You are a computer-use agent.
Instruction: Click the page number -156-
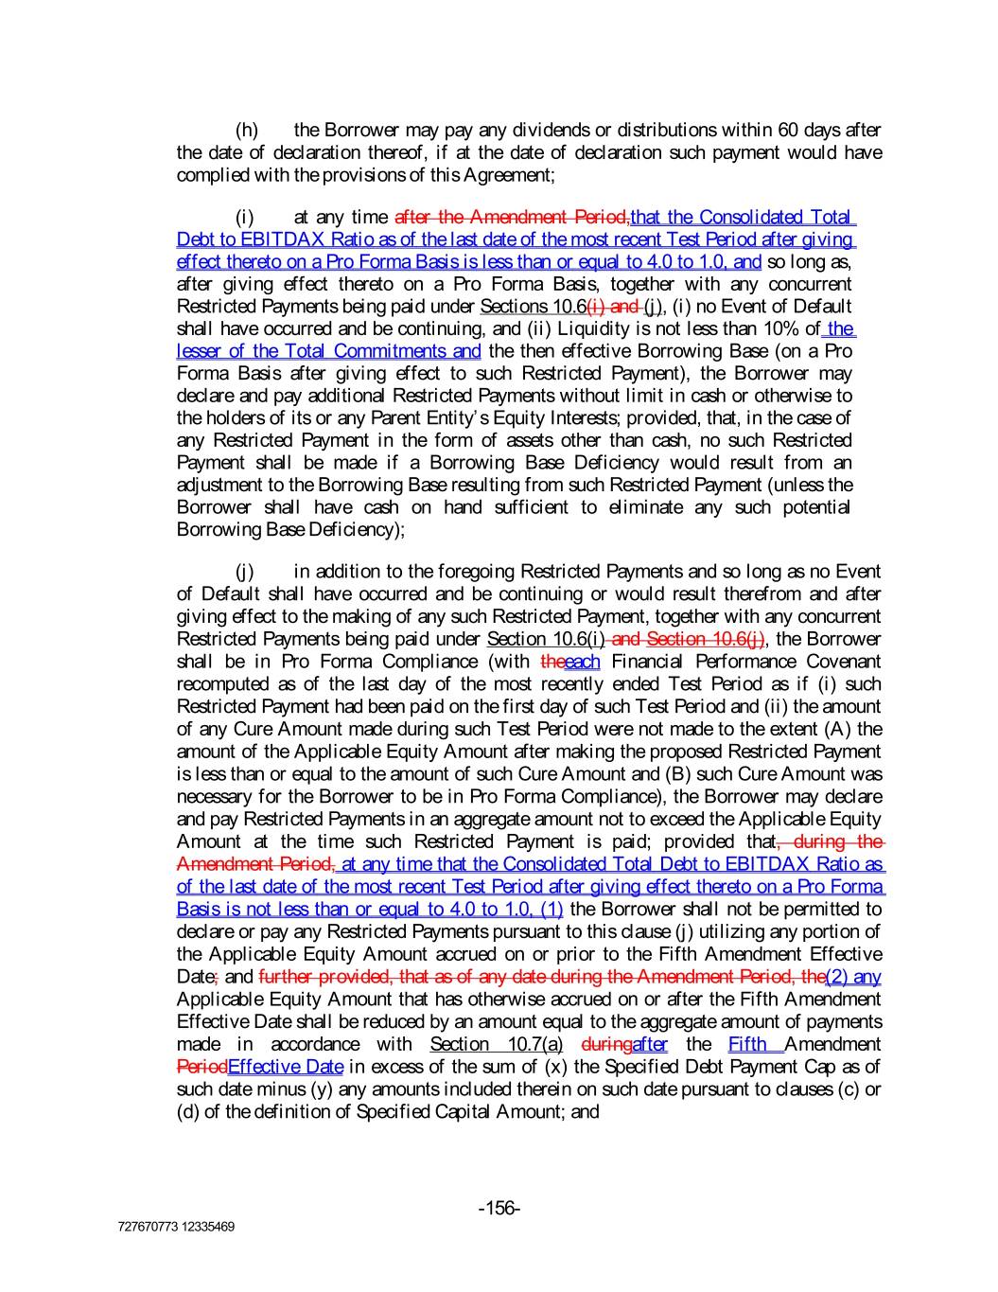coord(499,1208)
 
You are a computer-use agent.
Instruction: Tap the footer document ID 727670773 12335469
coord(176,1227)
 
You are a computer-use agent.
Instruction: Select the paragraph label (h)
coord(246,130)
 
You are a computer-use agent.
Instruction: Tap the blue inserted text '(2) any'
coord(853,977)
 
